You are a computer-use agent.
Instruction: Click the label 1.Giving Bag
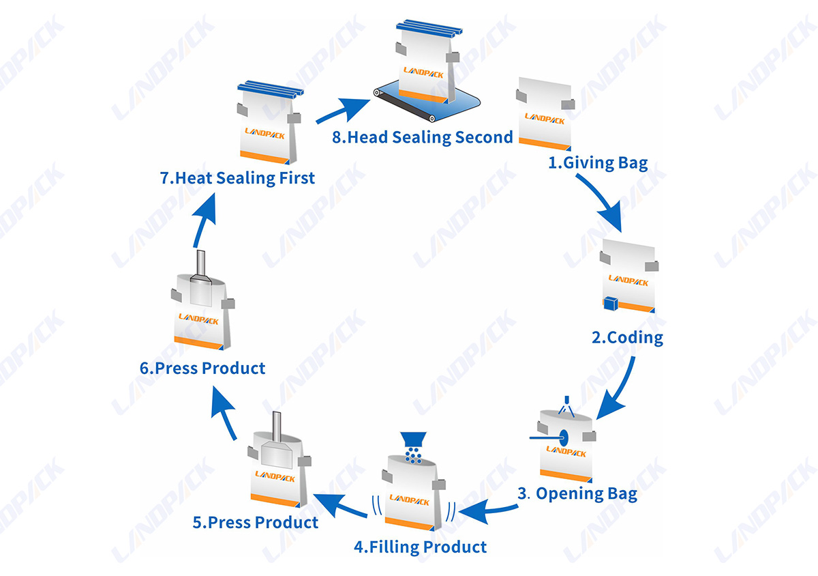tap(599, 163)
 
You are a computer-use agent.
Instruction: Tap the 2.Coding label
tap(627, 338)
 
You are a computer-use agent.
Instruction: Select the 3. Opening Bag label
tap(577, 493)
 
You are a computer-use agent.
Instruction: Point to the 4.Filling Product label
tap(421, 547)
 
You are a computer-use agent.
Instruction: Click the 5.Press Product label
tap(256, 522)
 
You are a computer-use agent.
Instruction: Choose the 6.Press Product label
tap(202, 368)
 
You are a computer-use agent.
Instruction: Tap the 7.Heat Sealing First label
tap(237, 178)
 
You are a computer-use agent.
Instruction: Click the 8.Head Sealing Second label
tap(423, 137)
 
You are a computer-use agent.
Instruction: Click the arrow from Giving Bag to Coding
tap(602, 201)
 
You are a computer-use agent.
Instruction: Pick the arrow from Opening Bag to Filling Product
tap(489, 510)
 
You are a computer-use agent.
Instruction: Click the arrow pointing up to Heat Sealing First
tap(203, 220)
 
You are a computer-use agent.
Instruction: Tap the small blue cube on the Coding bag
tap(611, 304)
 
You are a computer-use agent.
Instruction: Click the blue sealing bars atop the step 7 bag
tap(271, 89)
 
